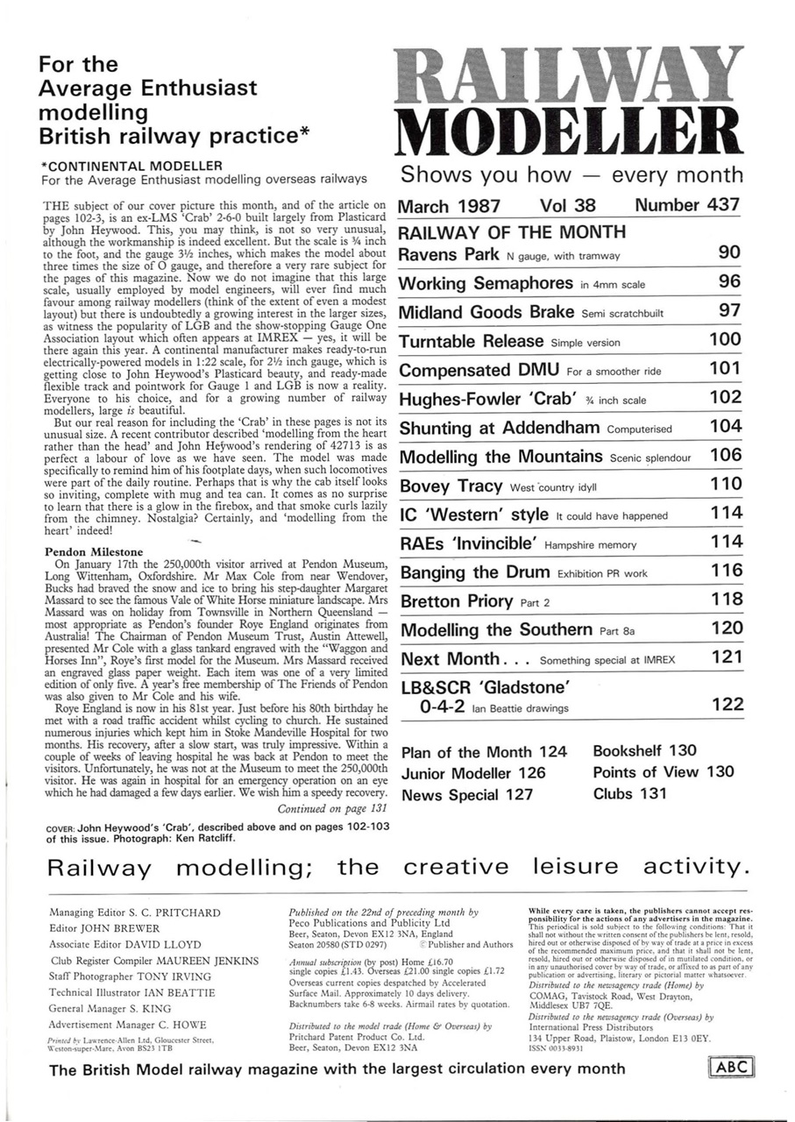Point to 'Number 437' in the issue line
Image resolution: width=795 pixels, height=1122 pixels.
click(x=688, y=206)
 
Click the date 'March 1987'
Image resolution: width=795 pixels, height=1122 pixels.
click(x=450, y=206)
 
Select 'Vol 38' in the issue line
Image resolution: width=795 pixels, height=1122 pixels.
click(x=567, y=206)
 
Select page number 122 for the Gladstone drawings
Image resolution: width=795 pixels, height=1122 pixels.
click(x=727, y=704)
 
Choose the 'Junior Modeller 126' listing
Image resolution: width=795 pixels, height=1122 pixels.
click(x=473, y=773)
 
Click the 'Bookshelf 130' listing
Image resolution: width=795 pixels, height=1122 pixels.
click(x=645, y=751)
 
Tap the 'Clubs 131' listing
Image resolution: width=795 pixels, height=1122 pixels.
click(x=629, y=794)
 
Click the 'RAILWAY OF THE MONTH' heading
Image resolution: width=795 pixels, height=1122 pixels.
click(x=512, y=232)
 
